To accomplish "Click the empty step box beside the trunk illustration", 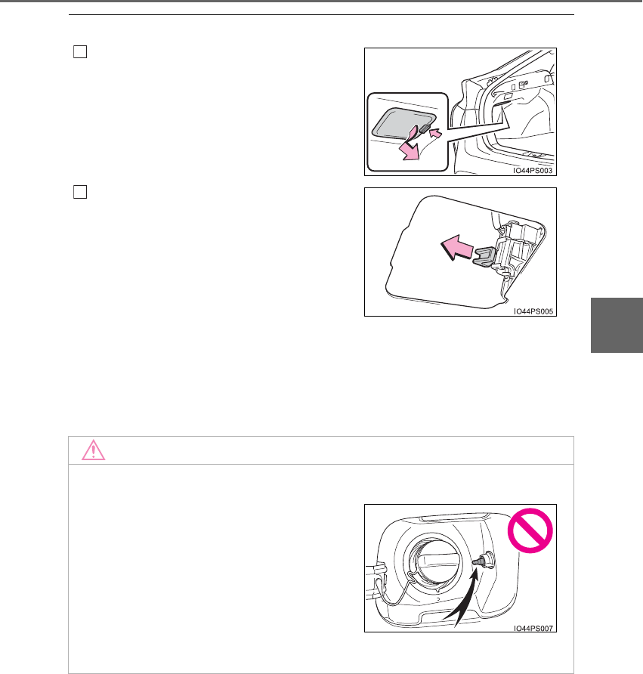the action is point(80,51).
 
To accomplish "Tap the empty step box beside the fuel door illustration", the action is point(80,192).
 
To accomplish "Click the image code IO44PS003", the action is point(533,171).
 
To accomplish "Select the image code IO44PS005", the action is point(533,311).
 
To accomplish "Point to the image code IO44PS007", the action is point(533,628).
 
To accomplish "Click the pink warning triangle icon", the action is point(93,450).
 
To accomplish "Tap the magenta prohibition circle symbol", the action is point(530,530).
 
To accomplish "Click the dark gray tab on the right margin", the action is point(617,325).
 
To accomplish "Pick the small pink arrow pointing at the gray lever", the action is point(435,133).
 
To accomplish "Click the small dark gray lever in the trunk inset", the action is point(424,128).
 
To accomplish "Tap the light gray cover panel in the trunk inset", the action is point(402,123).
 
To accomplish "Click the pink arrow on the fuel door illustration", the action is point(457,248).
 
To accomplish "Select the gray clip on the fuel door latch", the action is point(485,257).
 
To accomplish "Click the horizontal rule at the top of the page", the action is point(322,14).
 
